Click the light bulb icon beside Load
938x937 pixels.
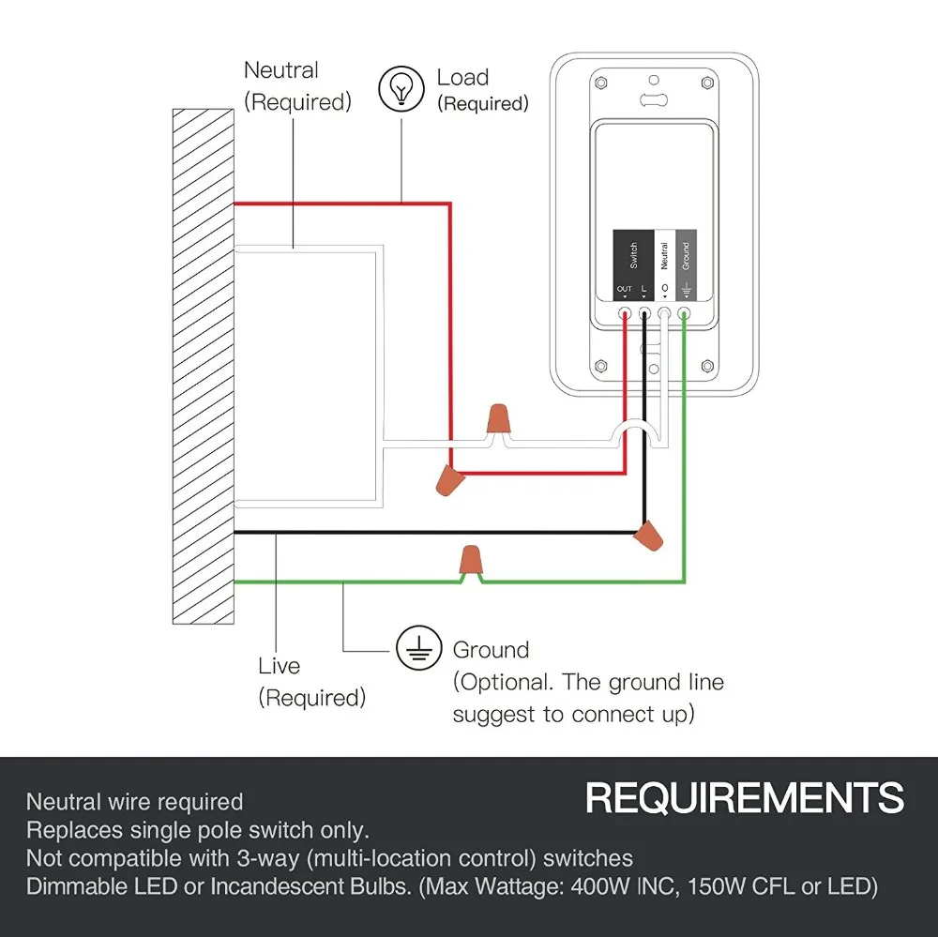click(401, 88)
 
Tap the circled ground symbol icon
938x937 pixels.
click(418, 649)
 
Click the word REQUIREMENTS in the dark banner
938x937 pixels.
click(744, 797)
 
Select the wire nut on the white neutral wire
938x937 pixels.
click(498, 419)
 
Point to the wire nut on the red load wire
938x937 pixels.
click(450, 480)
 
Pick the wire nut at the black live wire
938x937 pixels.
click(648, 536)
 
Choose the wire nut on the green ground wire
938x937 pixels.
click(471, 559)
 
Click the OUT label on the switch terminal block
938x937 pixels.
click(625, 289)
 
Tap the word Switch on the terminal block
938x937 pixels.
click(633, 255)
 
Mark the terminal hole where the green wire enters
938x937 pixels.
click(684, 313)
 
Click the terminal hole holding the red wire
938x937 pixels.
click(625, 313)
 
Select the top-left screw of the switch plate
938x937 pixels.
click(601, 83)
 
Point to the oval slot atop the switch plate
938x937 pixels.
click(654, 99)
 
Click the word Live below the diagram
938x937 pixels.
click(279, 666)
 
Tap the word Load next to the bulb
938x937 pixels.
click(462, 77)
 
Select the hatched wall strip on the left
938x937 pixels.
click(204, 366)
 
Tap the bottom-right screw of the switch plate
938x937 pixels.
click(707, 366)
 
